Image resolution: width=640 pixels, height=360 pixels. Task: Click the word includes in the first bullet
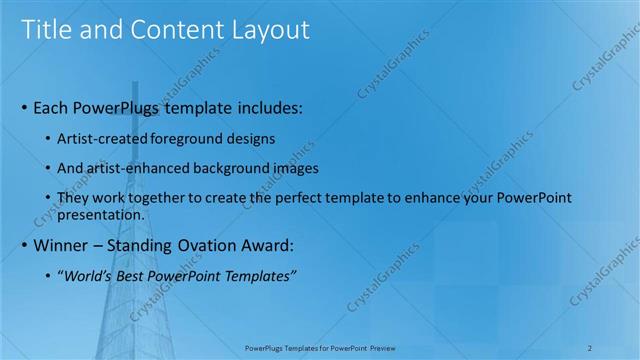[266, 106]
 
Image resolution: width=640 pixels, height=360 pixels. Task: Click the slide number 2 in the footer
[591, 348]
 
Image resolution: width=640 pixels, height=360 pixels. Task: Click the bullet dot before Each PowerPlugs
[24, 107]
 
